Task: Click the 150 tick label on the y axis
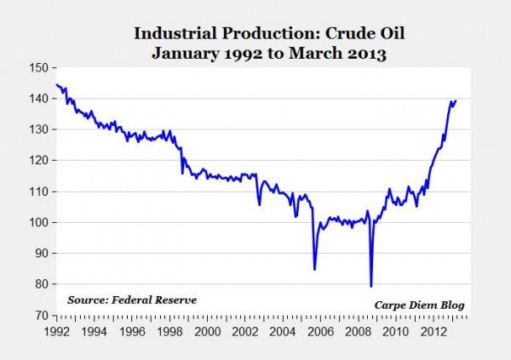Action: [x=39, y=68]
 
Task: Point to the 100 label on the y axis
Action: [x=39, y=222]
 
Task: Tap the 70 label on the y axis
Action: [x=42, y=316]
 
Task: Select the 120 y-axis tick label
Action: [x=39, y=161]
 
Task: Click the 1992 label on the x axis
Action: [x=57, y=332]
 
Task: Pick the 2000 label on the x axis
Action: [x=208, y=332]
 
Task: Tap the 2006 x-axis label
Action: [x=321, y=332]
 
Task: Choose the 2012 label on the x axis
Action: [x=433, y=332]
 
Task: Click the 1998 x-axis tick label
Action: [x=169, y=332]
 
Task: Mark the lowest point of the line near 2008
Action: [x=371, y=286]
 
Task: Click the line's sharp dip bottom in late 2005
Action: [x=314, y=270]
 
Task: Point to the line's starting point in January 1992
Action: [x=57, y=85]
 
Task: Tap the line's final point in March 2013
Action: [x=456, y=100]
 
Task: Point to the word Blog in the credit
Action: [x=452, y=306]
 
